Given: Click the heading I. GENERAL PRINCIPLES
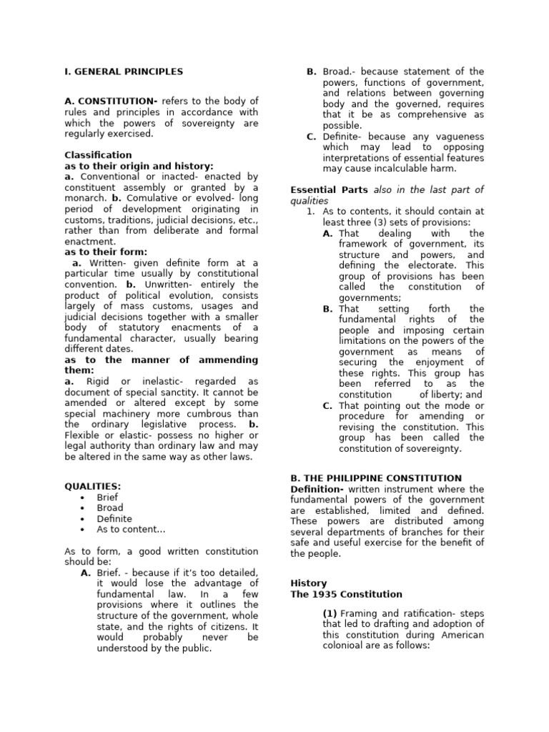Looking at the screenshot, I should [x=124, y=71].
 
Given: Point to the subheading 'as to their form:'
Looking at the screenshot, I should [x=106, y=252].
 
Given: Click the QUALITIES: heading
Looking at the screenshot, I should [x=93, y=486].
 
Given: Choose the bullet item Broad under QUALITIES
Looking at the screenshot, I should [x=110, y=508].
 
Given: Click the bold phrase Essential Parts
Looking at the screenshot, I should [x=330, y=189].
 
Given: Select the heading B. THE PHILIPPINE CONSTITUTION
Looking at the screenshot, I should [x=376, y=478].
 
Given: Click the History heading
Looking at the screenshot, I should [x=308, y=583].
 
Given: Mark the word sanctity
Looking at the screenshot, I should [x=185, y=392].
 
